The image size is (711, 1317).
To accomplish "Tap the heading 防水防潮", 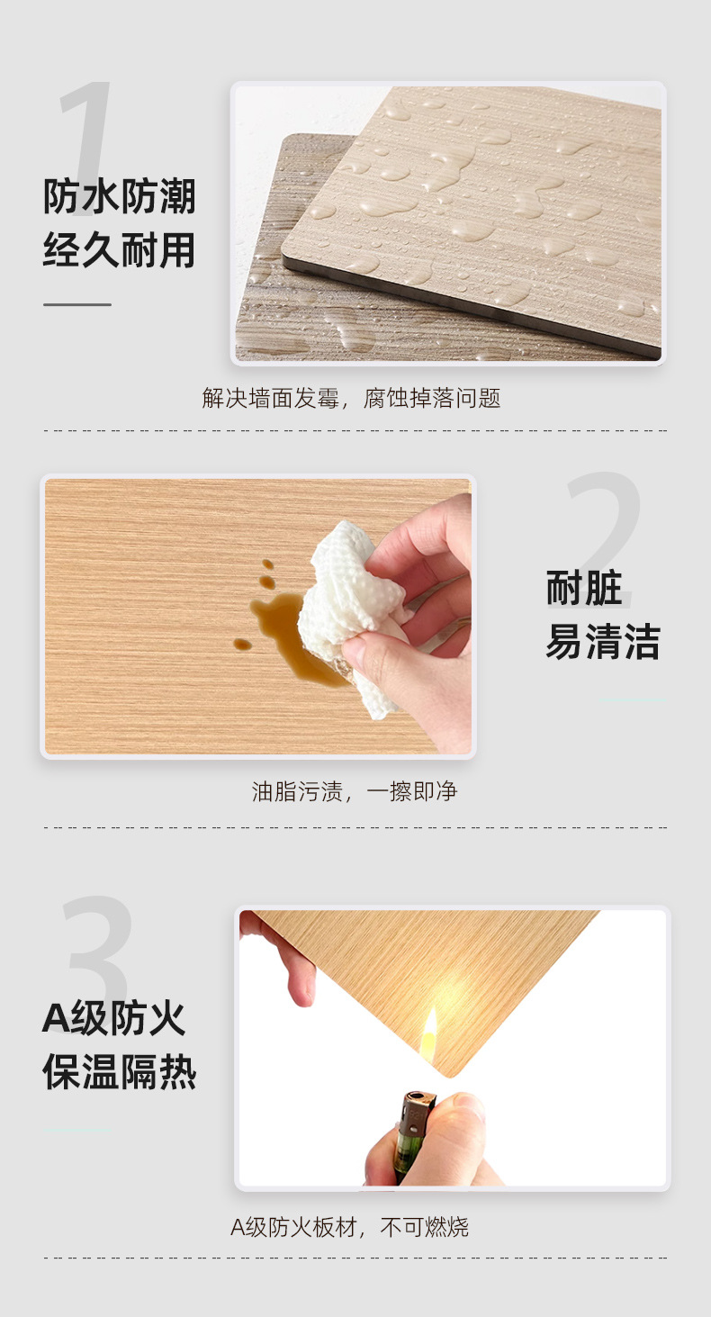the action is coord(119,196).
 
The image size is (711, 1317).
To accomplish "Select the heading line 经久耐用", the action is coord(119,250).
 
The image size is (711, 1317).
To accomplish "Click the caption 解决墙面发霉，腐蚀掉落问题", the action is coord(351,398).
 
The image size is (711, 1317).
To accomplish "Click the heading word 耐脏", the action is coord(584,587).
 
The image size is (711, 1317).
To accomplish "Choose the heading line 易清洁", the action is coord(603,641).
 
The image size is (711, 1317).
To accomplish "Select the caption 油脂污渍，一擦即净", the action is coord(355,791).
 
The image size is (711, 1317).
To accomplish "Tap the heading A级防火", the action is coord(114,1018).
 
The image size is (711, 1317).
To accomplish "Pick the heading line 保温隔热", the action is coord(119,1072).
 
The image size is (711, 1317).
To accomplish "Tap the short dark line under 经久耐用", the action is coord(77,304).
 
